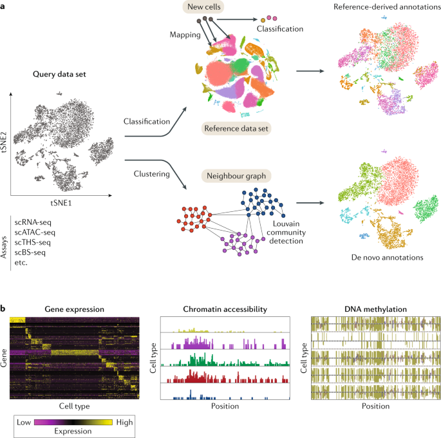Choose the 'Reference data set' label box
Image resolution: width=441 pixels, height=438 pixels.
click(236, 129)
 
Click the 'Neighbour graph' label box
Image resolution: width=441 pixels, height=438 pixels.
click(236, 175)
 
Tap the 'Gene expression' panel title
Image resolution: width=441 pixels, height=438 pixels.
click(75, 309)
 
